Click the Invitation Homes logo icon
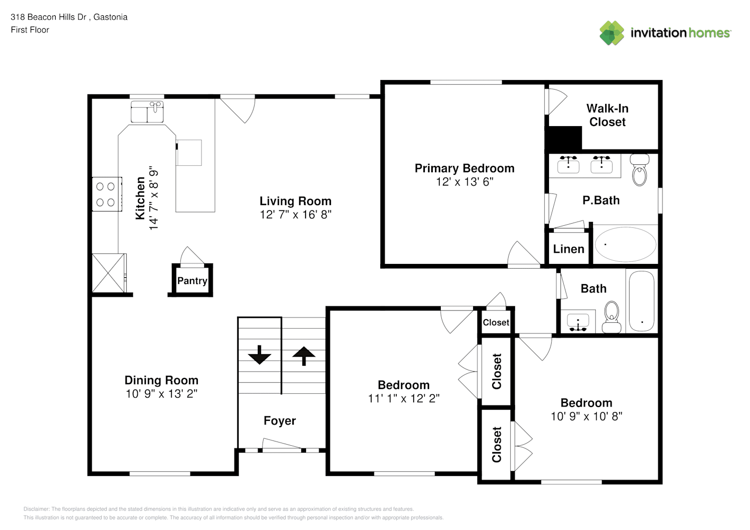coord(612,33)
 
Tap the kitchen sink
coord(147,112)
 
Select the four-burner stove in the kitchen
coord(107,194)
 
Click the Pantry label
coord(192,281)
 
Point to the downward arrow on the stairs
coord(259,355)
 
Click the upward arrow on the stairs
coord(304,356)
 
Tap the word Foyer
coord(280,421)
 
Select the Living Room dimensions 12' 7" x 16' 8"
coord(295,215)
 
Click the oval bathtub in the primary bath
coord(625,244)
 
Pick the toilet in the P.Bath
coord(640,170)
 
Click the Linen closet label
coord(569,249)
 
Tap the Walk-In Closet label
coord(607,115)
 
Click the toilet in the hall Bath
coord(612,317)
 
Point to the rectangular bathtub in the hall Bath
coord(641,301)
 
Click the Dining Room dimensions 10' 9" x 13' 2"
coord(161,394)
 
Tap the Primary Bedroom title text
coord(465,169)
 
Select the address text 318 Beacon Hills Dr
coord(49,17)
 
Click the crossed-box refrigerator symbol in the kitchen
coord(109,273)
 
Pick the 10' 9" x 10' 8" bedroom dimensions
coord(587,416)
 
